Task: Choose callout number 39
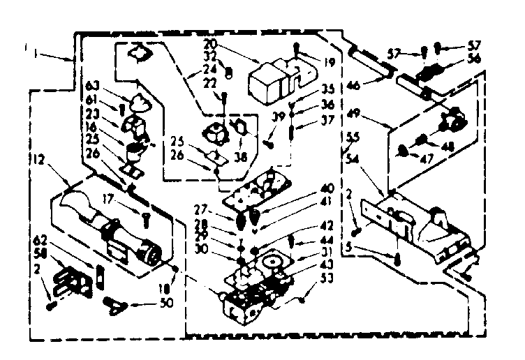pyautogui.click(x=277, y=117)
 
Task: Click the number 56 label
pyautogui.click(x=477, y=60)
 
